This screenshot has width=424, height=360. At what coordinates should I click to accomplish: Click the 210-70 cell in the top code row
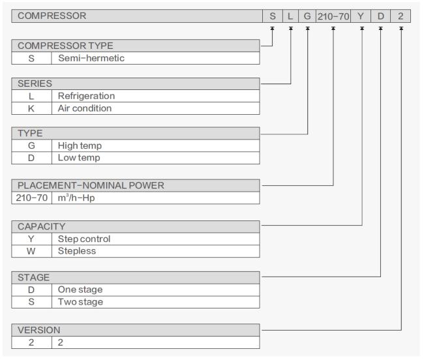[333, 16]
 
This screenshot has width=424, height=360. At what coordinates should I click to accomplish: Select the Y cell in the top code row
[361, 16]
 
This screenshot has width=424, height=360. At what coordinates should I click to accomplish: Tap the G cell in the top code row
[307, 16]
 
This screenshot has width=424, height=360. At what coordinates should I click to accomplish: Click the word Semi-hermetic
[91, 58]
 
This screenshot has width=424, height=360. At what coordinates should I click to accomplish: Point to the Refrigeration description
[87, 96]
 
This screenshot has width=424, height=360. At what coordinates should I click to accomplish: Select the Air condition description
[85, 108]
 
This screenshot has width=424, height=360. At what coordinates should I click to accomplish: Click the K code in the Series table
[31, 108]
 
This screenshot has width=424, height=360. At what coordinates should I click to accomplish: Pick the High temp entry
[80, 145]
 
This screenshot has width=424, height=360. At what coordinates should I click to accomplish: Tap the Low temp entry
[79, 158]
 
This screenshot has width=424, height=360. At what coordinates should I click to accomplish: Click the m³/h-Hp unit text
[76, 198]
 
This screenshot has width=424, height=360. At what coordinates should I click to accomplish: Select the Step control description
[84, 239]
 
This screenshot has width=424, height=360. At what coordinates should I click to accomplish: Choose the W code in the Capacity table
[31, 251]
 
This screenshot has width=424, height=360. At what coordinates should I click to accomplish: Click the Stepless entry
[77, 251]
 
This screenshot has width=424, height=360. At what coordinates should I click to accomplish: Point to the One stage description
[80, 290]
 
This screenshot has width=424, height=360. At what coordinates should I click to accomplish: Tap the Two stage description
[81, 302]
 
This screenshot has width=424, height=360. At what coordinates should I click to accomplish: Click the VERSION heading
[39, 330]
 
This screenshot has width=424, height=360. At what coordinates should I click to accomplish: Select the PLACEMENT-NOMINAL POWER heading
[91, 185]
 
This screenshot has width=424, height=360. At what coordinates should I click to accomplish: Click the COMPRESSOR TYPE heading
[65, 46]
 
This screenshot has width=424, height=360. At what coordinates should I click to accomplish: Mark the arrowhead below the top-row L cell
[291, 28]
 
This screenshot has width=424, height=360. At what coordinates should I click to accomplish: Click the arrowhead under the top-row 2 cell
[401, 28]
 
